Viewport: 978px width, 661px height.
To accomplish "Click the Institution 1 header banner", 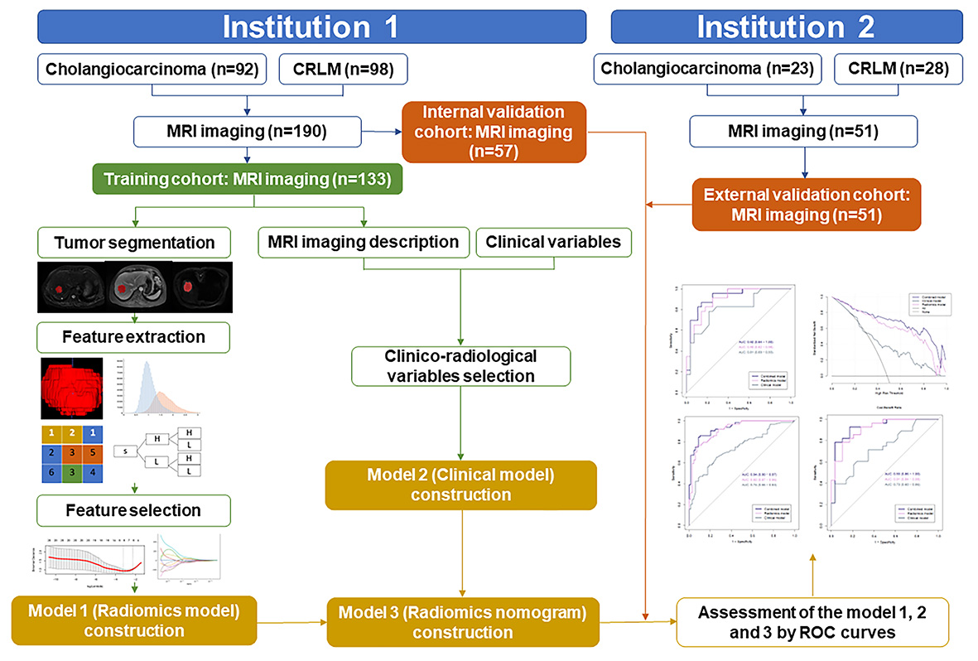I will pyautogui.click(x=311, y=27).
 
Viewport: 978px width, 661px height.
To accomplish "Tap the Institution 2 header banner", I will pyautogui.click(x=785, y=27).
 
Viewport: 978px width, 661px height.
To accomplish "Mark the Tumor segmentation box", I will pyautogui.click(x=133, y=243).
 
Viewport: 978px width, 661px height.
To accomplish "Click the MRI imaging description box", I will pyautogui.click(x=364, y=243).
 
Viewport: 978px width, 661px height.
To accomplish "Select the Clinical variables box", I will pyautogui.click(x=554, y=243).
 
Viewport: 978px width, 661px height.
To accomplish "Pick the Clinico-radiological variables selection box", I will pyautogui.click(x=460, y=366).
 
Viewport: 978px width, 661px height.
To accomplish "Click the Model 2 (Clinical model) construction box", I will pyautogui.click(x=460, y=484).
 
